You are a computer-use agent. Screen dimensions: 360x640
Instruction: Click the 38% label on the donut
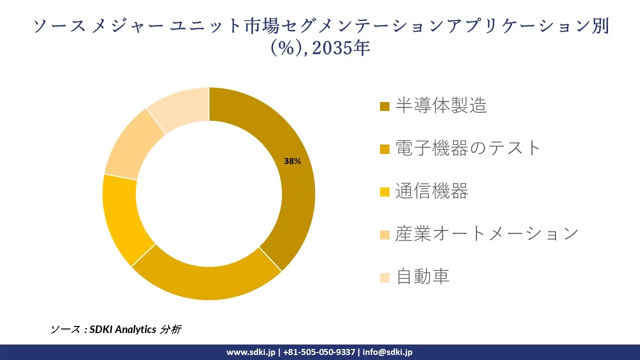292,161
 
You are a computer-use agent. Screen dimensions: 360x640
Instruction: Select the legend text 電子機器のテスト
468,148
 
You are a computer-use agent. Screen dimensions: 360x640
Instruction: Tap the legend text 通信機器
431,191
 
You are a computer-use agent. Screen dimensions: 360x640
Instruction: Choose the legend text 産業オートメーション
486,233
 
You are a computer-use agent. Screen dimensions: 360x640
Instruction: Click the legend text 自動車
422,276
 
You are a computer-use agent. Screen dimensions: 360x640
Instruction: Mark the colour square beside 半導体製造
385,106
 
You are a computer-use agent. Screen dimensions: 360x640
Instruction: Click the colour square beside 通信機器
385,192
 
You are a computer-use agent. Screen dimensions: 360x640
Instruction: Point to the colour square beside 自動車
385,277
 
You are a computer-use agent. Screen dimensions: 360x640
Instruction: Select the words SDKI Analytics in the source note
123,329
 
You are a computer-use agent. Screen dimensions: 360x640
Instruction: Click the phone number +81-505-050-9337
319,352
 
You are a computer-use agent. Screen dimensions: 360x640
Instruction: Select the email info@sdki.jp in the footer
387,352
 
